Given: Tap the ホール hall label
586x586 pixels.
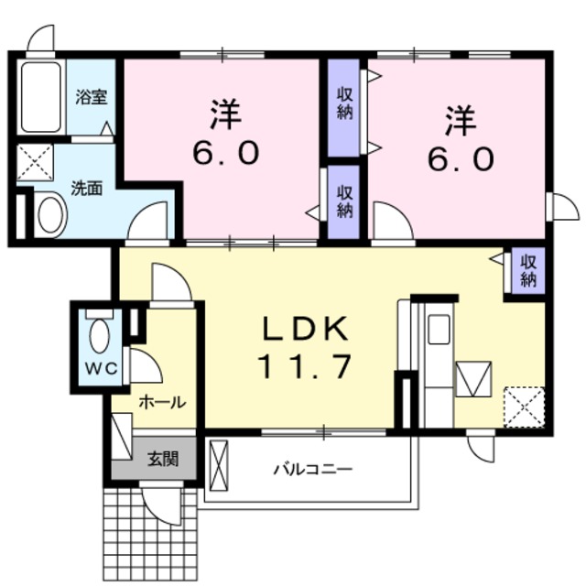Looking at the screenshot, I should (161, 400).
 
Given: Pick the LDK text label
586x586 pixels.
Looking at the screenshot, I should (307, 328).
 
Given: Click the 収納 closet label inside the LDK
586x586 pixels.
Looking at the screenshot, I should (528, 271).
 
